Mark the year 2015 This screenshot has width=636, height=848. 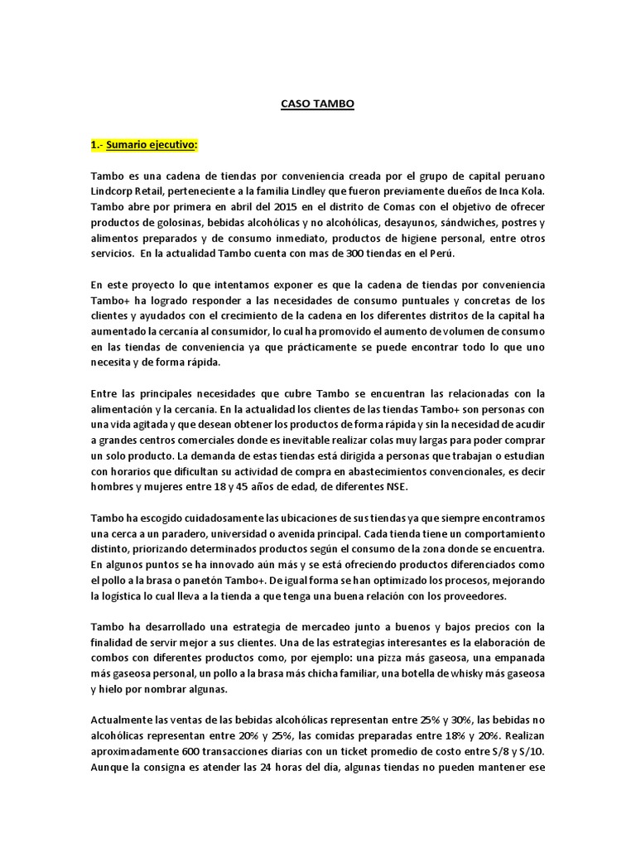point(243,205)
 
